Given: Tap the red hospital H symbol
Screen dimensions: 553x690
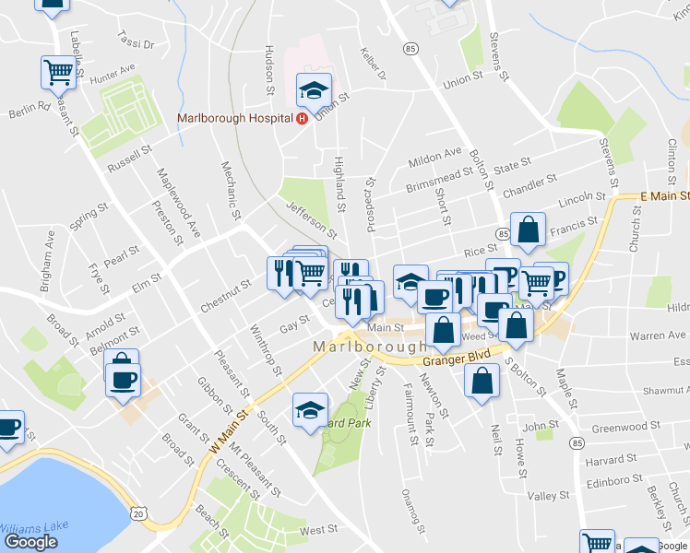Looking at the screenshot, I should pos(302,118).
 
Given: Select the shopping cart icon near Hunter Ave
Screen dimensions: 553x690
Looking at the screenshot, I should pos(58,73).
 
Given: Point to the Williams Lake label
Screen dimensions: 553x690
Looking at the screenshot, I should pos(32,527).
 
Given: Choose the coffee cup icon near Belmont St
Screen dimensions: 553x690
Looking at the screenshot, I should pos(122,378).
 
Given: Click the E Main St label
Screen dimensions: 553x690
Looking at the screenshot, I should pos(665,196).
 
